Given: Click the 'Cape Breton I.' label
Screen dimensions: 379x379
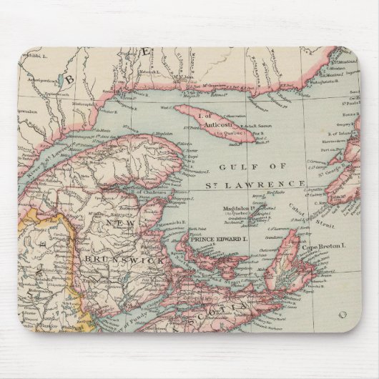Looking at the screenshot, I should point(327,247).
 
